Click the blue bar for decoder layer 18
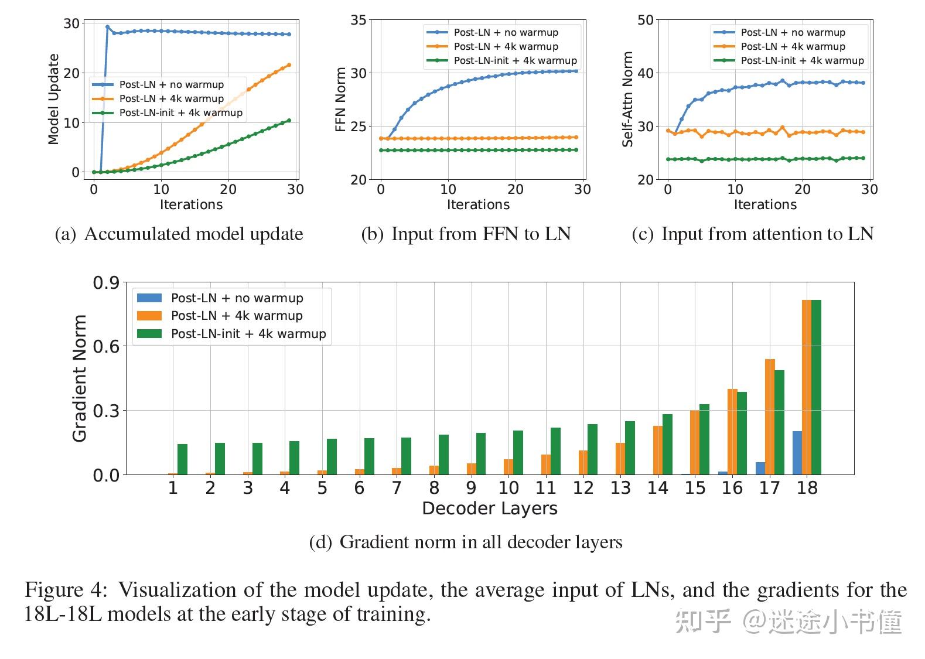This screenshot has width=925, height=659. (797, 453)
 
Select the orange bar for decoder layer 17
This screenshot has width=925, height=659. (770, 416)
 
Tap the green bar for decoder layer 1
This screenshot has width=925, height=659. (182, 459)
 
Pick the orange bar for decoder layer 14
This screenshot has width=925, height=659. (658, 450)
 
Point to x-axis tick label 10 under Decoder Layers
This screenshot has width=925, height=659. (508, 488)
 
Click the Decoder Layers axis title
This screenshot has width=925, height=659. (489, 508)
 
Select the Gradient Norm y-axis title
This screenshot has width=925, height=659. (80, 378)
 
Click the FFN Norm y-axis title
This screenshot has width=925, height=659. (340, 100)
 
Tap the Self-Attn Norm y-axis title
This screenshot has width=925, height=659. (627, 99)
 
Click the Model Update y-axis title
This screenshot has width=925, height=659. (53, 99)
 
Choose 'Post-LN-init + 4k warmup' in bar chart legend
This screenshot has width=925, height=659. (248, 334)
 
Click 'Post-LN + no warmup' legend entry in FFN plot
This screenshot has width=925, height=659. (506, 32)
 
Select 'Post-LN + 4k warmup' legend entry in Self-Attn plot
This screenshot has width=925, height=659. (793, 46)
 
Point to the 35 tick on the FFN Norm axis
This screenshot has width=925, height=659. (359, 21)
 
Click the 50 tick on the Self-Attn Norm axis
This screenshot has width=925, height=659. (645, 21)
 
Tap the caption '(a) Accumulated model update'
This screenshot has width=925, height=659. (179, 234)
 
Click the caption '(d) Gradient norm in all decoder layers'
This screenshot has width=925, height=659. (466, 542)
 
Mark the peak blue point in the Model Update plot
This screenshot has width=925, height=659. (107, 27)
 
